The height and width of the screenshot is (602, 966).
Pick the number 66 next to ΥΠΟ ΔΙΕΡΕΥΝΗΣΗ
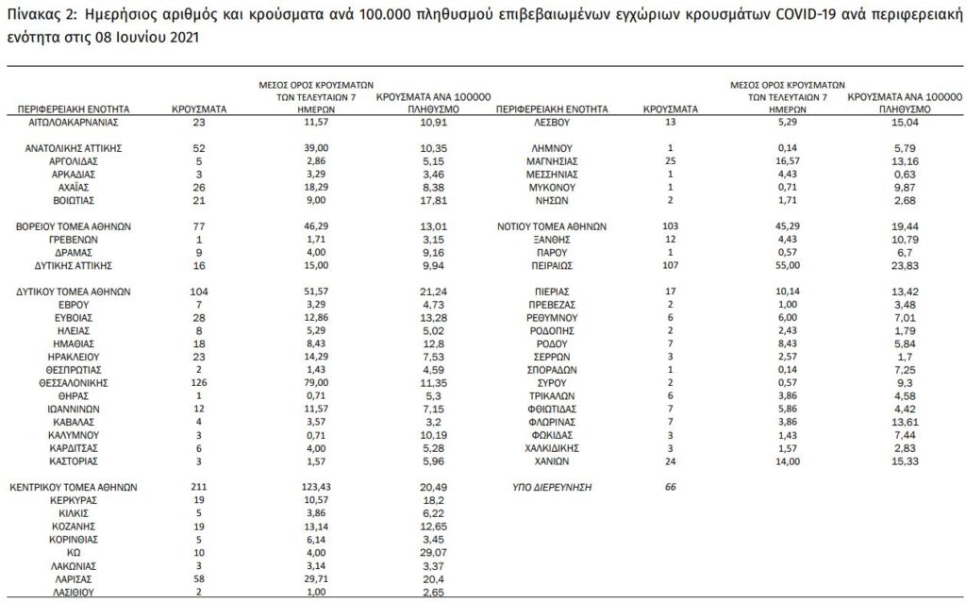click(x=671, y=488)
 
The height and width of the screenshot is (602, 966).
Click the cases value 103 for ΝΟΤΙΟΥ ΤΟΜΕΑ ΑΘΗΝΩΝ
click(x=670, y=227)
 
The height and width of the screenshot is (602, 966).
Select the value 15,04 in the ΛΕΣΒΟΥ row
click(x=903, y=123)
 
